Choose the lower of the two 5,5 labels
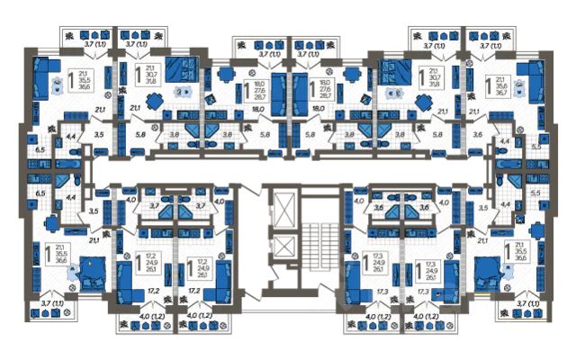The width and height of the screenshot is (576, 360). pos(535,193)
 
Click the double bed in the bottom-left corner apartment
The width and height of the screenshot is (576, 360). pos(90,270)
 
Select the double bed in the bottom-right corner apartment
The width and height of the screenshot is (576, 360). pos(486,270)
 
